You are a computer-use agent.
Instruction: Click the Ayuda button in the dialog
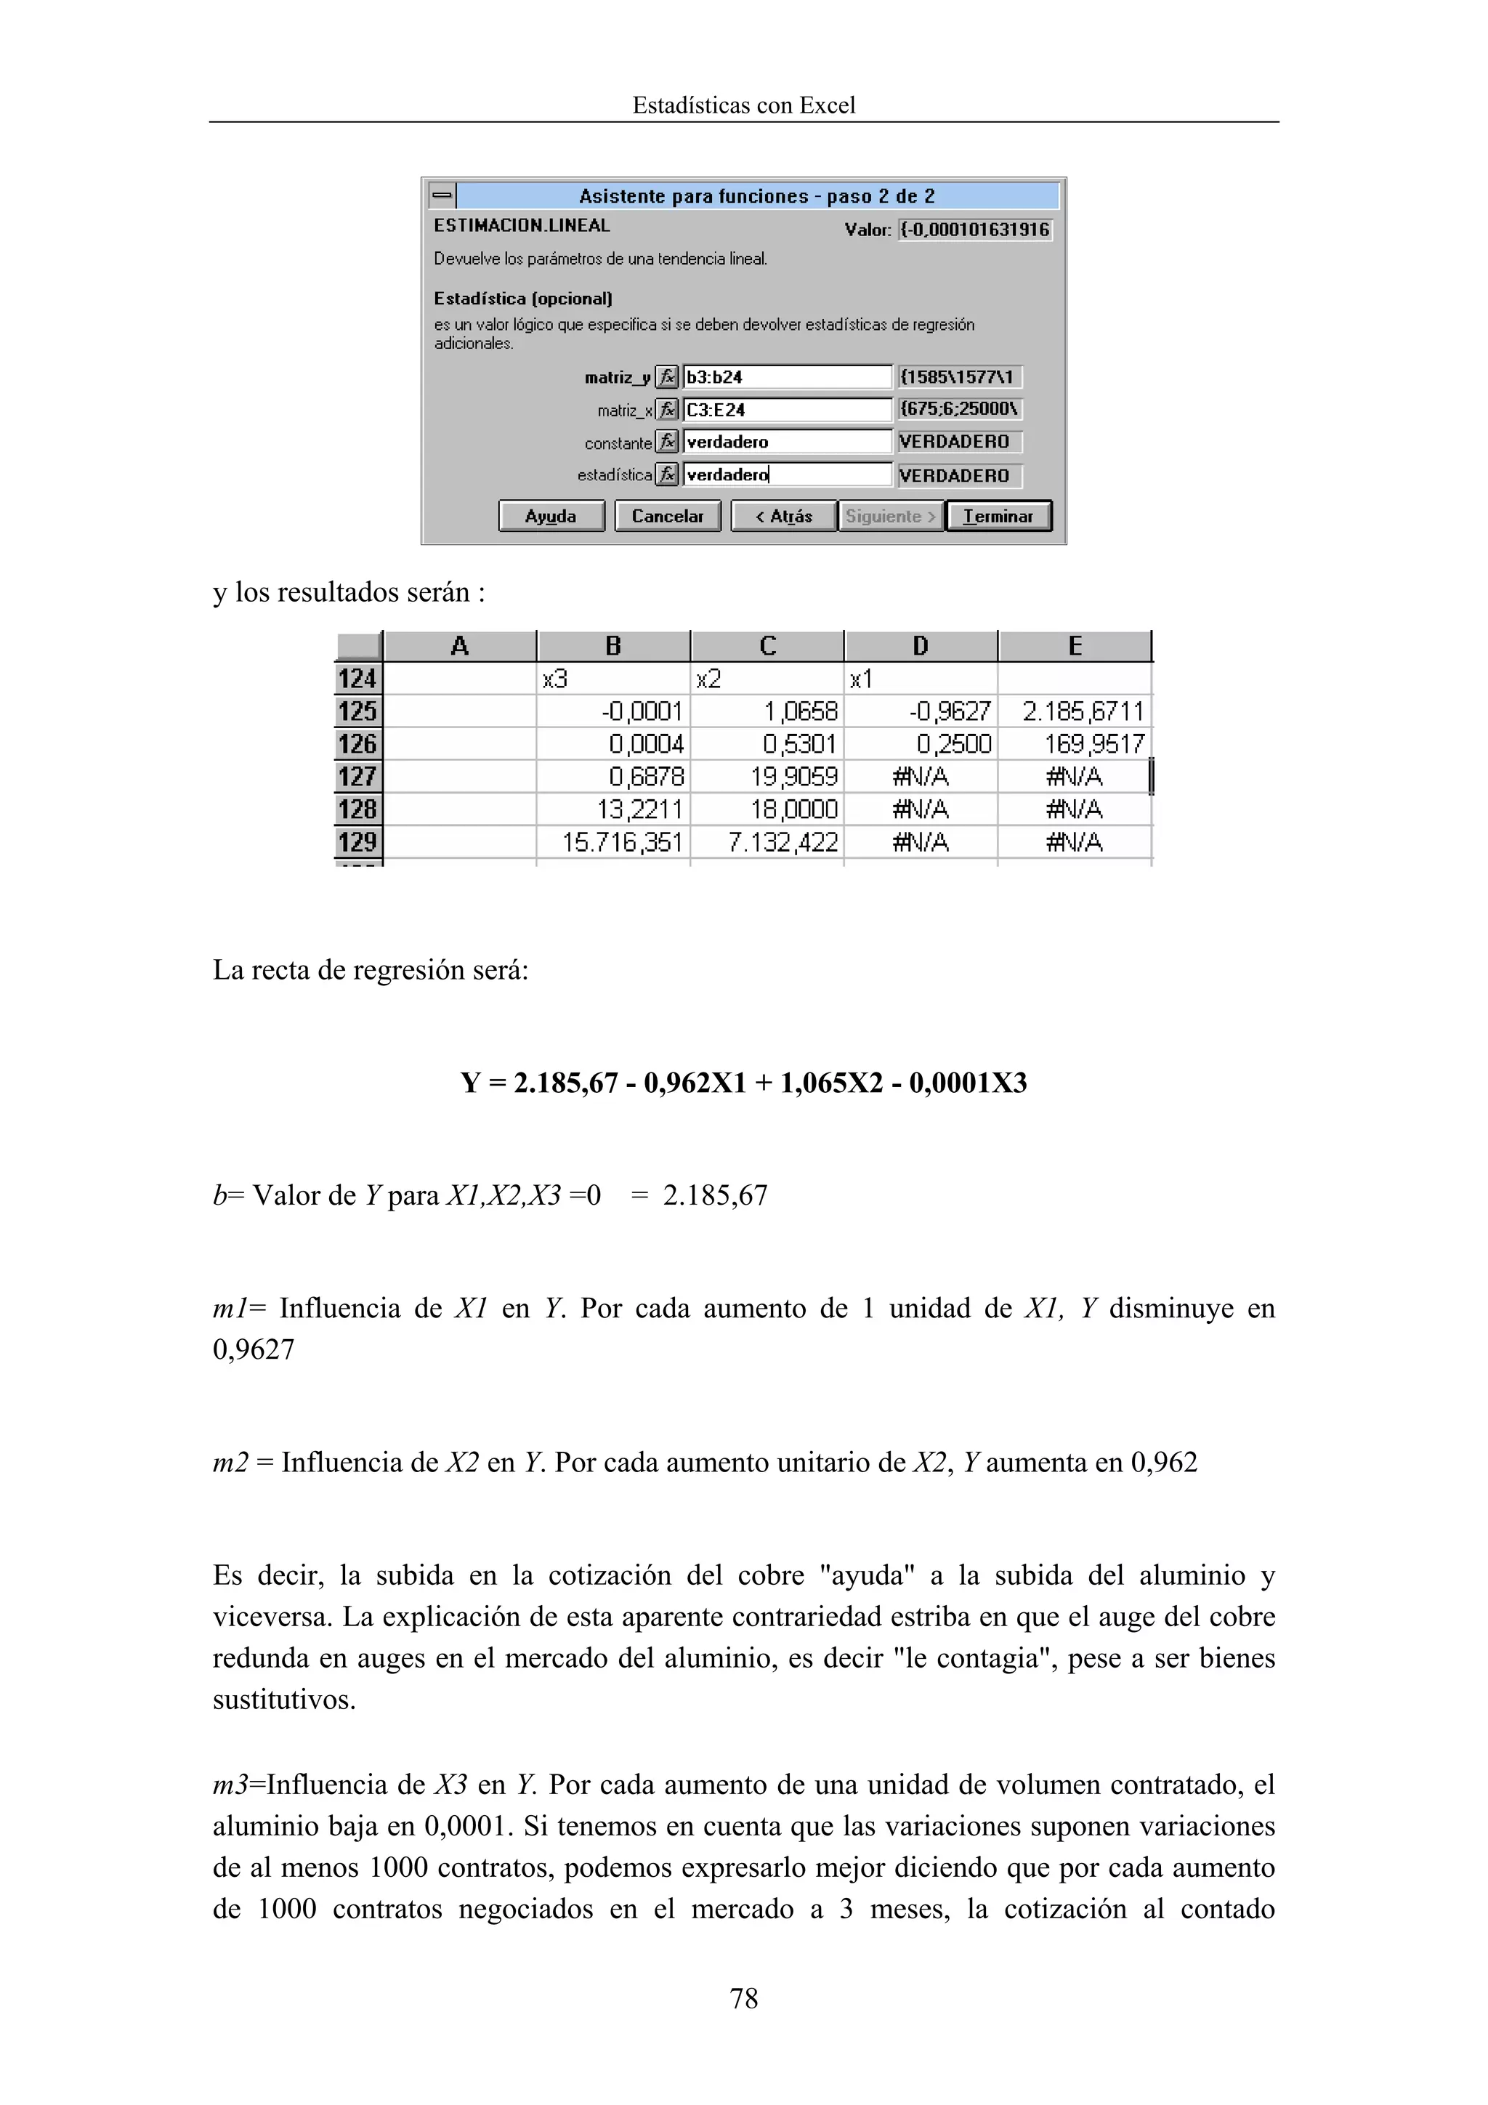pyautogui.click(x=551, y=516)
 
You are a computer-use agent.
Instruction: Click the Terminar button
pyautogui.click(x=998, y=516)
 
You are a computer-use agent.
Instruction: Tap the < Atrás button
pyautogui.click(x=784, y=516)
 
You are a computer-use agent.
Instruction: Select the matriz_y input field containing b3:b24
pyautogui.click(x=787, y=377)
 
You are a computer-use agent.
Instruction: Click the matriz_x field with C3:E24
pyautogui.click(x=787, y=410)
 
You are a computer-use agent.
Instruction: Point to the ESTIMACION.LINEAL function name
pyautogui.click(x=522, y=225)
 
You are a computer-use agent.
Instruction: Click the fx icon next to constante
pyautogui.click(x=668, y=443)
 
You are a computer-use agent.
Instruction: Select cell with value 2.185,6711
pyautogui.click(x=1075, y=711)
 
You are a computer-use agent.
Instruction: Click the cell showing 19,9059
pyautogui.click(x=767, y=777)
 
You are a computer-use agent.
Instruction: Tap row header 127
pyautogui.click(x=357, y=777)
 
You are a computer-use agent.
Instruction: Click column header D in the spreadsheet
pyautogui.click(x=921, y=647)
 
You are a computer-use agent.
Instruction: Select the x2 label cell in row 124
pyautogui.click(x=767, y=679)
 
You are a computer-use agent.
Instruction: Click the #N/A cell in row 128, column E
pyautogui.click(x=1075, y=809)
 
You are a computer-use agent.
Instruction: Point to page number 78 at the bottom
pyautogui.click(x=743, y=1999)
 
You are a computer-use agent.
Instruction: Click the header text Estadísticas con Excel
pyautogui.click(x=743, y=105)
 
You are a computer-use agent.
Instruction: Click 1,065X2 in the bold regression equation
pyautogui.click(x=830, y=1083)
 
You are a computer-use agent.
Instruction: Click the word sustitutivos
pyautogui.click(x=284, y=1700)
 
